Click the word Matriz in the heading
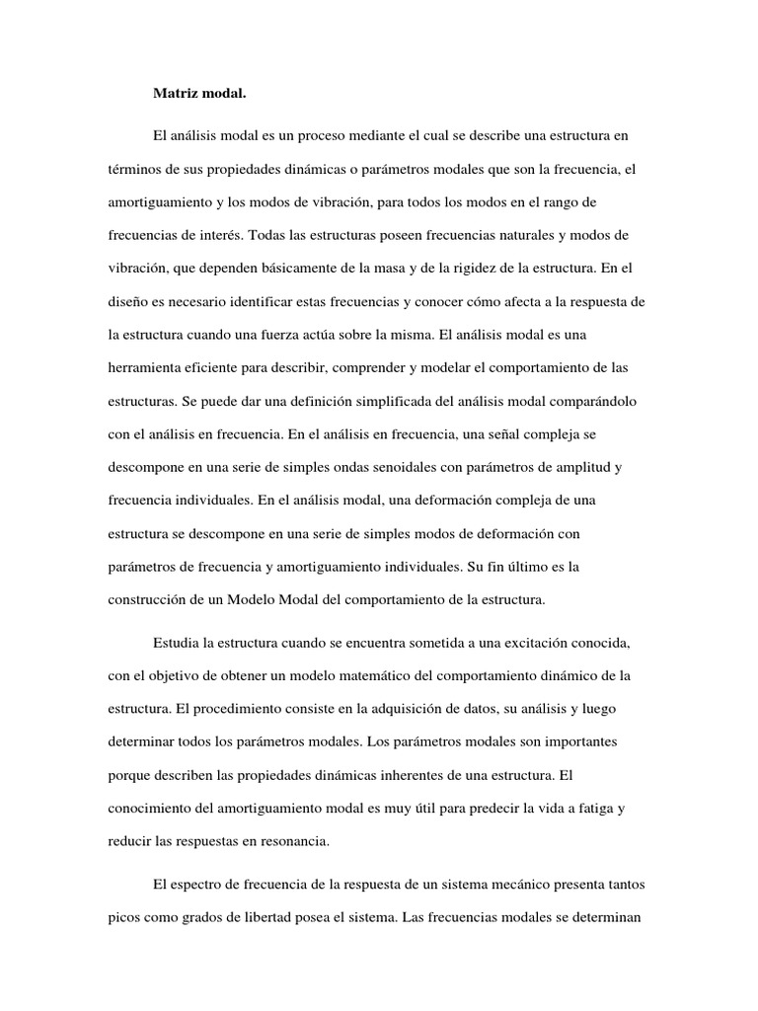174,96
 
